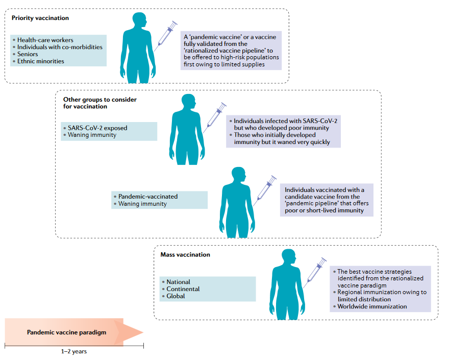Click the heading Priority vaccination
point(40,18)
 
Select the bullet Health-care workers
point(45,40)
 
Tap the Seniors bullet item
point(28,54)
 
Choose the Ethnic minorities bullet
point(40,61)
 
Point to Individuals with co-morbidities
point(59,47)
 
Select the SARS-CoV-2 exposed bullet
point(97,128)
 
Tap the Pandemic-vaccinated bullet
point(148,197)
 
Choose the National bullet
point(178,282)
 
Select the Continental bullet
point(183,289)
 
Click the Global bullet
point(176,296)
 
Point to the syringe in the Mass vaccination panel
point(314,271)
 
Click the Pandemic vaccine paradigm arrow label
point(66,332)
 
